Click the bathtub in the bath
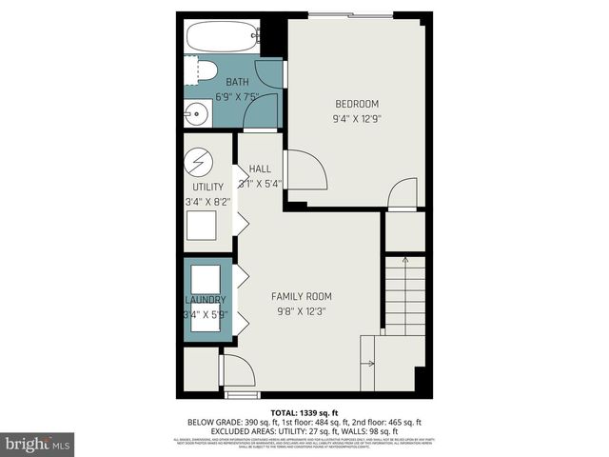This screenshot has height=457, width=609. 222,38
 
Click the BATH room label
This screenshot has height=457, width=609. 237,82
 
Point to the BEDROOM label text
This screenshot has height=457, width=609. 356,104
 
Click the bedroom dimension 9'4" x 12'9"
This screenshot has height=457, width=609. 356,119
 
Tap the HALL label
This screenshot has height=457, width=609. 260,169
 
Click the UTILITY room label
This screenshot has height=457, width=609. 207,187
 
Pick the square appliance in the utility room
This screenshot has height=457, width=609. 201,226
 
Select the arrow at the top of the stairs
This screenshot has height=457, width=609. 405,260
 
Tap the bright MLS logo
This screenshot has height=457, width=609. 38,444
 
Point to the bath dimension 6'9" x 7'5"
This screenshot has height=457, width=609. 237,96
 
